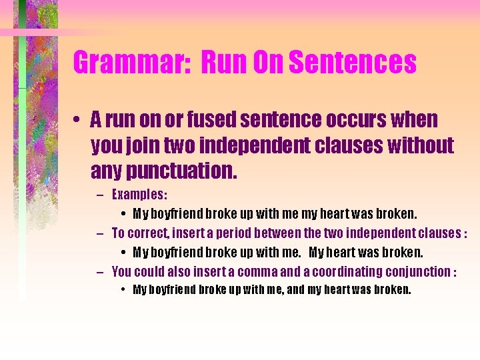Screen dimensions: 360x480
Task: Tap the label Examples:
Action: coord(140,195)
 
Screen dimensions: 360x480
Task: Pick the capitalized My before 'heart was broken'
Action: coord(317,253)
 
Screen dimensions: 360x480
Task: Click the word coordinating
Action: coord(350,271)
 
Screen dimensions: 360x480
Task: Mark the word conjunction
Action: coord(418,271)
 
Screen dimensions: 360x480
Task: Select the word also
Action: coord(179,271)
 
